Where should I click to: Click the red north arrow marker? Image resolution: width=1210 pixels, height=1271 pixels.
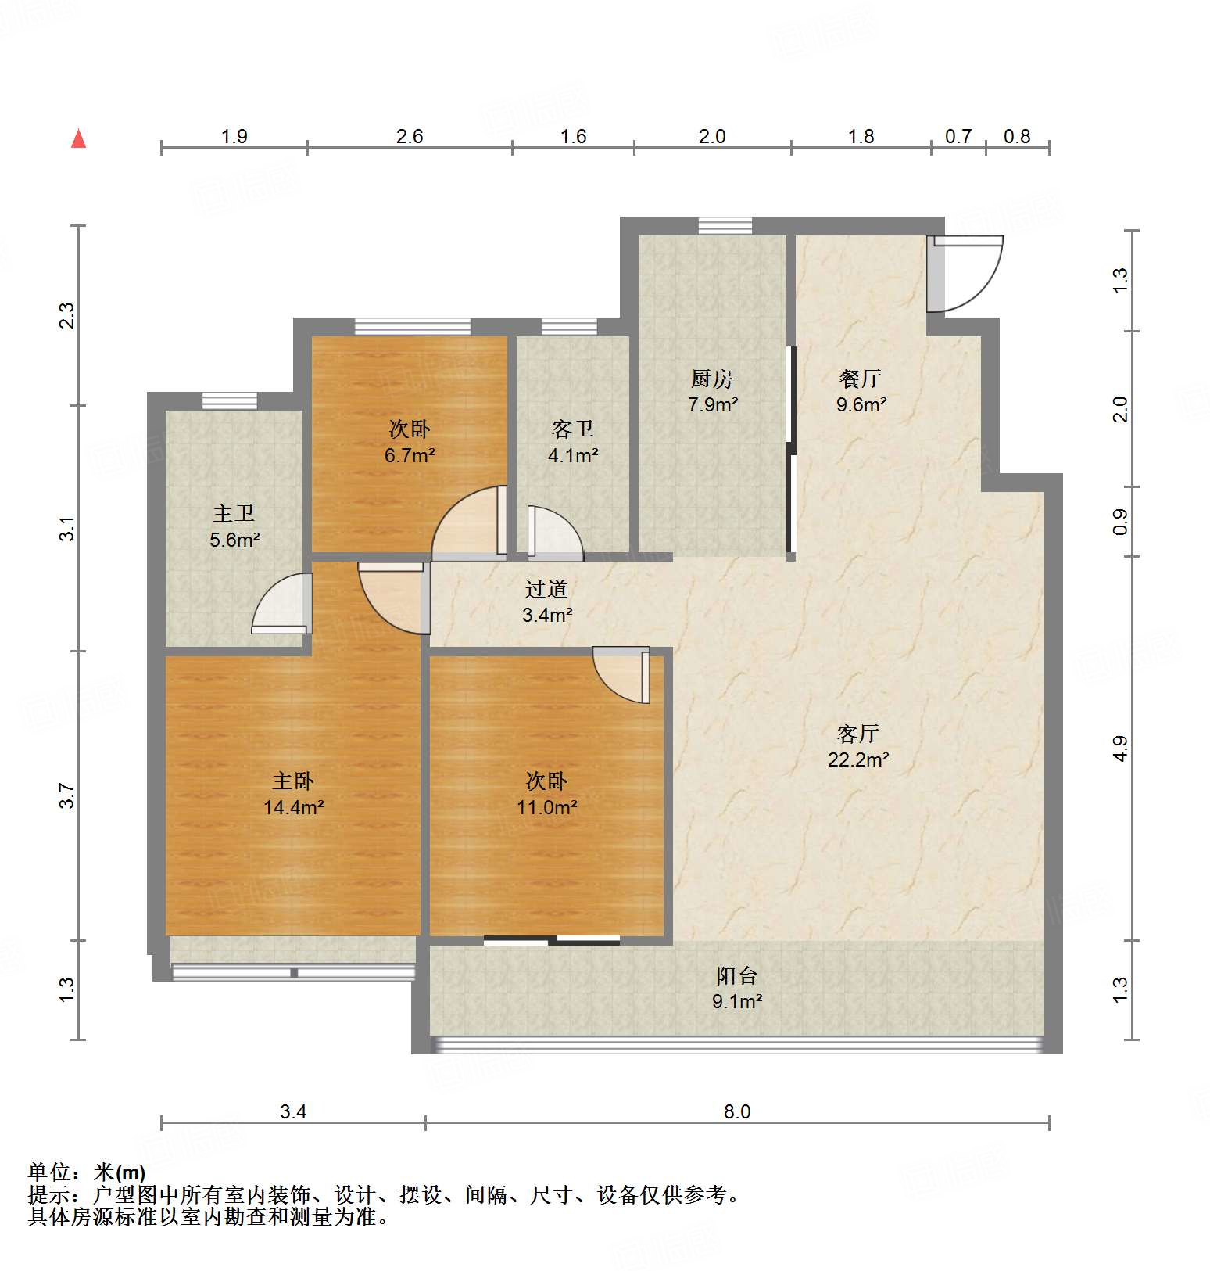coord(78,138)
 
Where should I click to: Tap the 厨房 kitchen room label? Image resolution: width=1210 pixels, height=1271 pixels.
coord(712,379)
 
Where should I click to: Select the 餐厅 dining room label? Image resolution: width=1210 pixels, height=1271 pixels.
coord(861,379)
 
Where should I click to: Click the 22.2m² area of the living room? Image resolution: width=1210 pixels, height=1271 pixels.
coord(858,759)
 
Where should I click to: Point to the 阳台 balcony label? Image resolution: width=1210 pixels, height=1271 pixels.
coord(736,975)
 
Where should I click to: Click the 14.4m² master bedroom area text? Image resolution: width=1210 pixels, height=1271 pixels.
coord(293,807)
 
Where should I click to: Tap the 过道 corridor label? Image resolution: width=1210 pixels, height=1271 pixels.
coord(546,589)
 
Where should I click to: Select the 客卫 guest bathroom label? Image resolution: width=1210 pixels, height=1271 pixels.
coord(572,429)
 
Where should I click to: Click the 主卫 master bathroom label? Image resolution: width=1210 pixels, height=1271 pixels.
coord(234,513)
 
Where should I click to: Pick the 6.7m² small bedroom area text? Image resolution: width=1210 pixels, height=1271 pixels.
coord(409,455)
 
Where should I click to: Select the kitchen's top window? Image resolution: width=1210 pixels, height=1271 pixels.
coord(725,226)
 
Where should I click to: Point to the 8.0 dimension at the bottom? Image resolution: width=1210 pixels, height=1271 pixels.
coord(736,1111)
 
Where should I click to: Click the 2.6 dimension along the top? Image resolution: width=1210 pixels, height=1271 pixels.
coord(409,137)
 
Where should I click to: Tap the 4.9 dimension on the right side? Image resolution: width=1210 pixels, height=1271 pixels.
coord(1120,749)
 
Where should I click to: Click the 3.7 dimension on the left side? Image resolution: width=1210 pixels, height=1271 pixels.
coord(68,795)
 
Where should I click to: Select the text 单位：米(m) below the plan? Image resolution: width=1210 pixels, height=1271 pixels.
coord(87,1172)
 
